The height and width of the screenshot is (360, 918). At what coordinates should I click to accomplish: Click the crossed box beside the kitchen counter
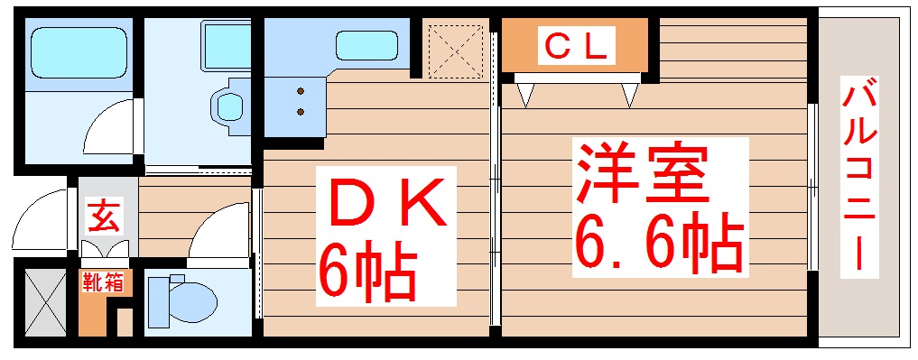(x=456, y=50)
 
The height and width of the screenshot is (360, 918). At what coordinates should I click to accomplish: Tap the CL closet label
(x=575, y=45)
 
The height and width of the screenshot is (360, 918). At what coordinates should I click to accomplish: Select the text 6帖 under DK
(x=366, y=272)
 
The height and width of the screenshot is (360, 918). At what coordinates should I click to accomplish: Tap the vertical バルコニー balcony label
(x=860, y=176)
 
